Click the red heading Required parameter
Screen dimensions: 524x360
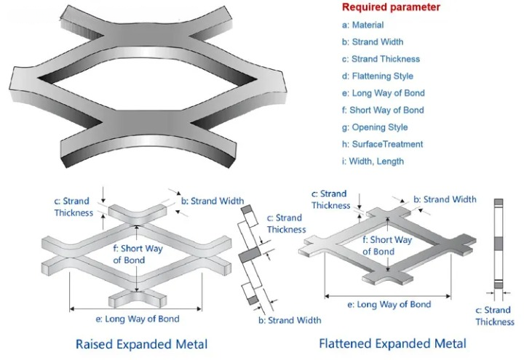(x=391, y=7)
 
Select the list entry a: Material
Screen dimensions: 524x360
(x=362, y=25)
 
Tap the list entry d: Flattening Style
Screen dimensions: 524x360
(x=377, y=76)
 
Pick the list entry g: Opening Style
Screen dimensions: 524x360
(x=375, y=127)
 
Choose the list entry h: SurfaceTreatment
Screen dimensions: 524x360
(x=382, y=144)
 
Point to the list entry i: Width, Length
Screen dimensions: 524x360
(x=373, y=161)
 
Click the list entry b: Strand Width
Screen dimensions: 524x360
(x=373, y=42)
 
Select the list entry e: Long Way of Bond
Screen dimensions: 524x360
(x=383, y=93)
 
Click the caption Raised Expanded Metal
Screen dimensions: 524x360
(x=141, y=344)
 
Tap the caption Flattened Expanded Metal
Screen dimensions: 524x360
(x=392, y=343)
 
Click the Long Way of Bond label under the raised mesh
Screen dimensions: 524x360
(x=138, y=319)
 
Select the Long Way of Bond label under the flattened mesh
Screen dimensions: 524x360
(x=389, y=304)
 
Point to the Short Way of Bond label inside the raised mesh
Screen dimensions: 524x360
(x=138, y=254)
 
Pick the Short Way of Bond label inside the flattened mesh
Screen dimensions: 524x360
(x=387, y=246)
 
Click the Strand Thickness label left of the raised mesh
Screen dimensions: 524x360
(x=74, y=207)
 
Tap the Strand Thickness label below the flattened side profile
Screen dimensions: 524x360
(x=495, y=316)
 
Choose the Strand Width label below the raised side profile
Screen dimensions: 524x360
(x=290, y=320)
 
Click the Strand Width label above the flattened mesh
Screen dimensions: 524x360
(x=445, y=199)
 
